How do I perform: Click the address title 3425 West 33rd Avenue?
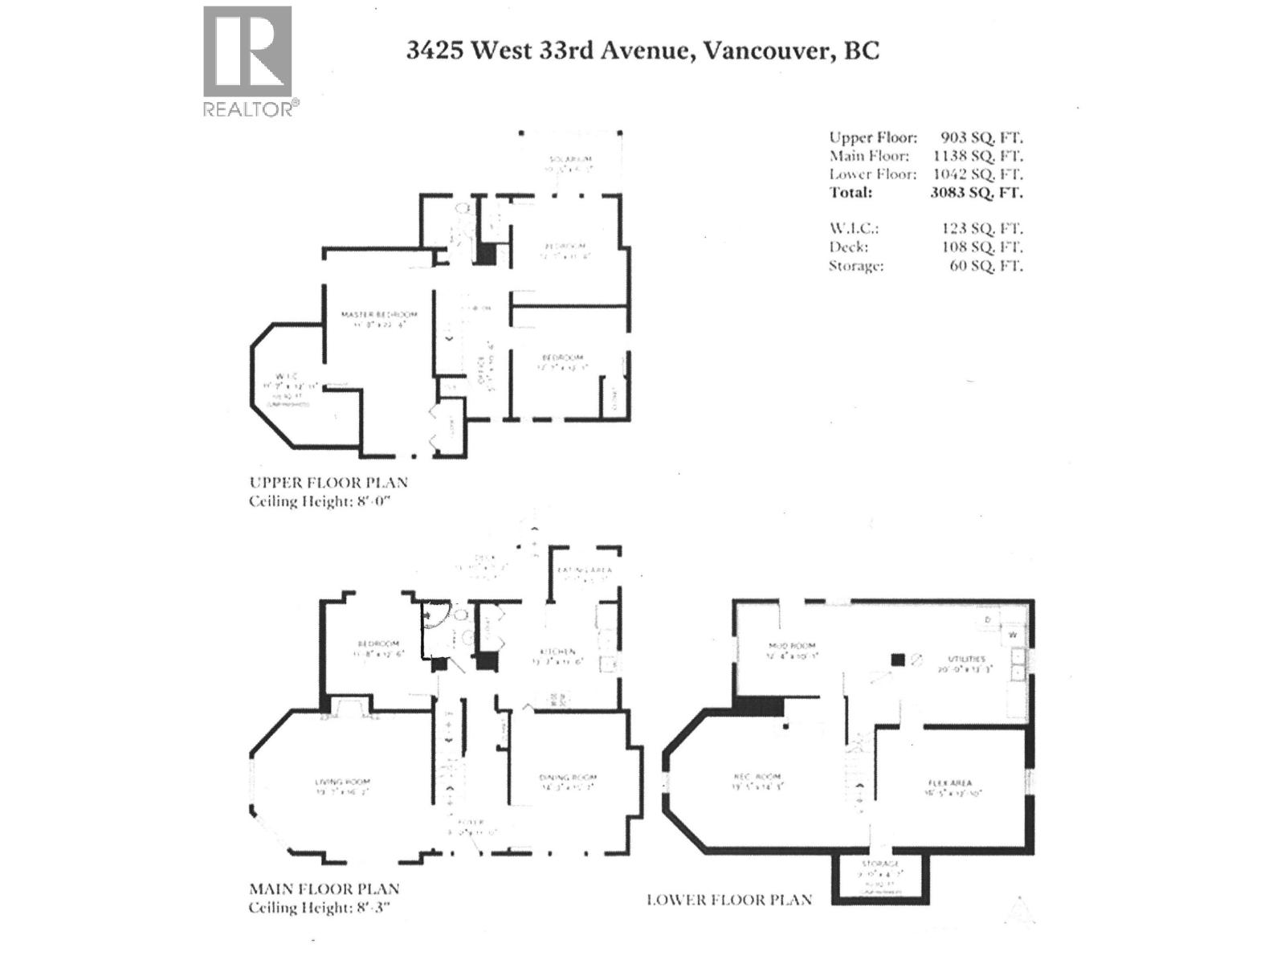tap(642, 51)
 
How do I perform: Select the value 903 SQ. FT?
tap(981, 137)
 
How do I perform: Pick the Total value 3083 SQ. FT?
tap(976, 192)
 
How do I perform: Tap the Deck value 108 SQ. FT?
tap(981, 247)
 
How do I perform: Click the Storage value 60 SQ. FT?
tap(985, 265)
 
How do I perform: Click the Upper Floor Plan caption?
tap(328, 483)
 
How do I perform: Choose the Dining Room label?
tap(568, 777)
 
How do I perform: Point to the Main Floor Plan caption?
tap(324, 889)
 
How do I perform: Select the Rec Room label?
tap(757, 777)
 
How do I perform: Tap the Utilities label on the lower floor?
tap(965, 659)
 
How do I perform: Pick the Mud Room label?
tap(791, 645)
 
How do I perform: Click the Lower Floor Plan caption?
tap(728, 900)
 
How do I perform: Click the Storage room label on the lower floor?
tap(881, 864)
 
